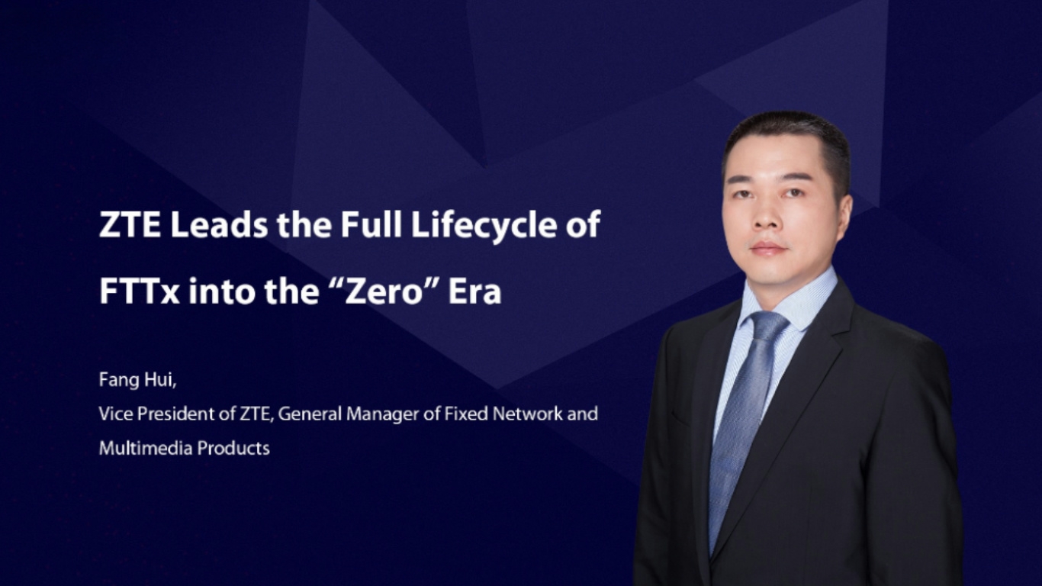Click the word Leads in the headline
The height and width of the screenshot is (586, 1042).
pos(219,225)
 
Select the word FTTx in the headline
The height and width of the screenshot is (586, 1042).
pos(140,291)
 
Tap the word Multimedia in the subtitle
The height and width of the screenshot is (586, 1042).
pos(146,448)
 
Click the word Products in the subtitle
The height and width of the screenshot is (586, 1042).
pos(233,448)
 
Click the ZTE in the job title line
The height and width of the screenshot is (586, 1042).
pos(255,414)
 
